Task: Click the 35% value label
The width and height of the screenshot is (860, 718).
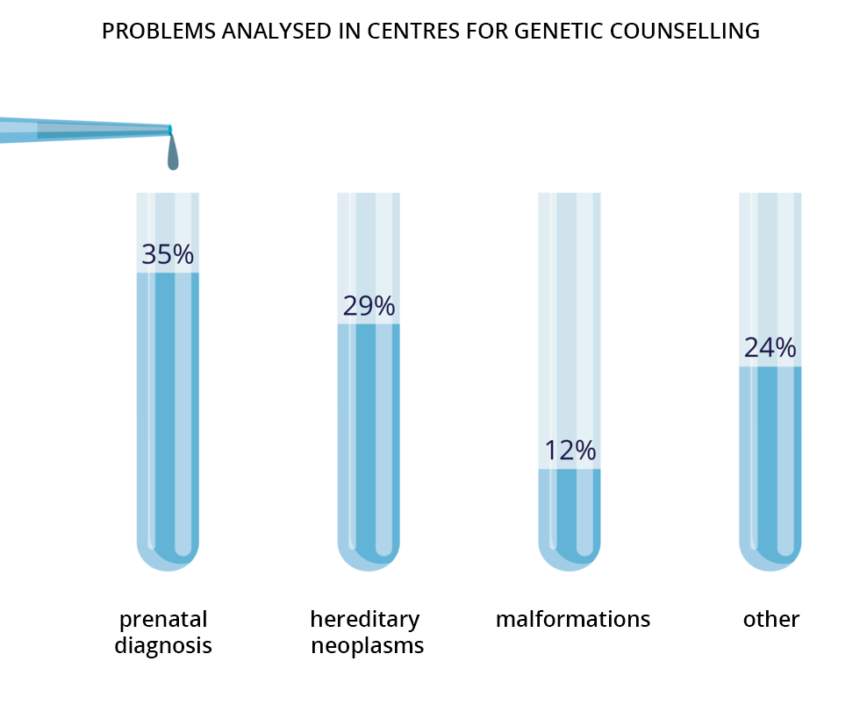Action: [168, 254]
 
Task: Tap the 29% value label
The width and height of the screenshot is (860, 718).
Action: [369, 306]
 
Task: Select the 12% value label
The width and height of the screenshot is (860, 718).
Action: [570, 451]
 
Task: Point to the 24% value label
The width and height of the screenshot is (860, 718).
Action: [770, 348]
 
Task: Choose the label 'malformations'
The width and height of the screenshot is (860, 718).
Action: [573, 620]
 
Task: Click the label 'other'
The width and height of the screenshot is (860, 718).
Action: [771, 620]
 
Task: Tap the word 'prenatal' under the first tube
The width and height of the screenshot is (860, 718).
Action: [163, 620]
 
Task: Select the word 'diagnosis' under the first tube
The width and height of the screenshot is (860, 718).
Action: [163, 647]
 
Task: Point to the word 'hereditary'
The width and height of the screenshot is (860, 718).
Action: [365, 620]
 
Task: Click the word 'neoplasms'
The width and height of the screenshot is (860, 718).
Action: [368, 647]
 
